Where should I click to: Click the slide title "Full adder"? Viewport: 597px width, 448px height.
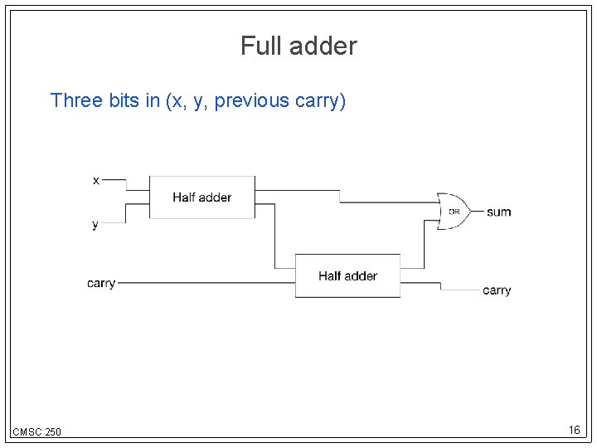(298, 46)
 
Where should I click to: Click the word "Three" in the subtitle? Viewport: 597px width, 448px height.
(76, 101)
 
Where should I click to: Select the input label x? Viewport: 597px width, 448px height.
(96, 180)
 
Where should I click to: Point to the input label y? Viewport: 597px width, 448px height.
(95, 224)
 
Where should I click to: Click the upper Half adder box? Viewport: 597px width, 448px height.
(201, 197)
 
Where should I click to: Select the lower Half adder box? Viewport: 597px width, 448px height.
(347, 275)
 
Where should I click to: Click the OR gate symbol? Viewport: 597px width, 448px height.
(453, 212)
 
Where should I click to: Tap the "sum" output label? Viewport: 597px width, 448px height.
(499, 212)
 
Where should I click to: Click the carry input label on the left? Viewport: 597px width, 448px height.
(101, 284)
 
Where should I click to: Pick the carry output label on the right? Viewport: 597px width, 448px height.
(497, 290)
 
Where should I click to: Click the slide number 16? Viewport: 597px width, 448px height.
(574, 430)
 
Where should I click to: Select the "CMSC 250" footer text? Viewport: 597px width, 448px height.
(36, 431)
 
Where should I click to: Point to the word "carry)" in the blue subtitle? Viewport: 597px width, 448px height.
(321, 101)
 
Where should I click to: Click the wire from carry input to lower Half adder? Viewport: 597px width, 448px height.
(207, 283)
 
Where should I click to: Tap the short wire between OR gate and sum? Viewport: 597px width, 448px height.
(477, 212)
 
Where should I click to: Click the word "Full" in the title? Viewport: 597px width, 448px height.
(258, 46)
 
